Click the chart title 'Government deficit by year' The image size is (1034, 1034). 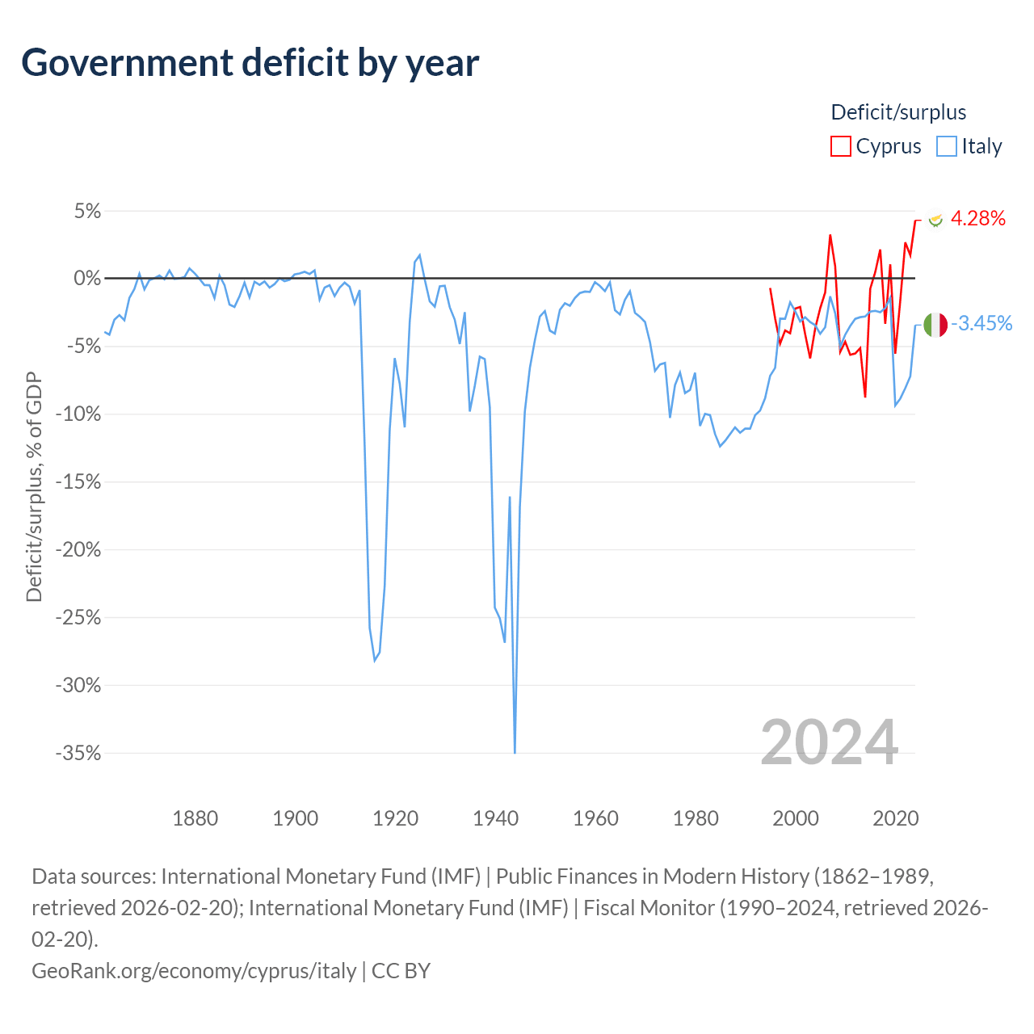coord(250,63)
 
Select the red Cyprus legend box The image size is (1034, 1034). coord(840,146)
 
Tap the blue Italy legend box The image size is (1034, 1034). coord(946,146)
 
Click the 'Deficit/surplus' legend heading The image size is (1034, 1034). coord(898,112)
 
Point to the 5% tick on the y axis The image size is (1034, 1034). coord(87,211)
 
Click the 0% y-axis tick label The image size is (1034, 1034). coord(87,278)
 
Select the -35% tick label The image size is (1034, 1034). coord(78,753)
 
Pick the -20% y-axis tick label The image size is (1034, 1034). coord(78,549)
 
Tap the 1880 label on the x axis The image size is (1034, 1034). coord(195,818)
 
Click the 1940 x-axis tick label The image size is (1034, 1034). coord(495,818)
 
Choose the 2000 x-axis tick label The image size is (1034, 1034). coord(795,818)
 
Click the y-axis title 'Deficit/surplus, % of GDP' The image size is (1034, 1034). coord(34,486)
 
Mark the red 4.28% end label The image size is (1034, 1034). coord(977,218)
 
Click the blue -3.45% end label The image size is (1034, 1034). coord(981,323)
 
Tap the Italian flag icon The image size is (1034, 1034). coord(935,325)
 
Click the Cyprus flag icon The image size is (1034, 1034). coord(935,219)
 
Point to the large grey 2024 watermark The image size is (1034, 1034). coord(829,742)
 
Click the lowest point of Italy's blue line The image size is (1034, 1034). coord(515,753)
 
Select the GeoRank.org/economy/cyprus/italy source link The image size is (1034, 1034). coord(194,971)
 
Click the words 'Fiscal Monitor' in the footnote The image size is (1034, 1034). coord(649,908)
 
